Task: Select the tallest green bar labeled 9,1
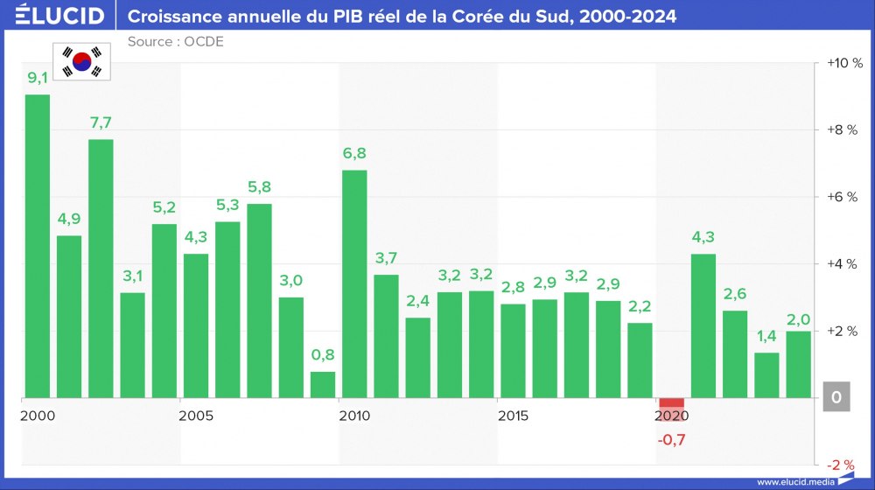tap(38, 246)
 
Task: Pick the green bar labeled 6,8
tap(354, 284)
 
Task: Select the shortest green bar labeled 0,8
tap(323, 385)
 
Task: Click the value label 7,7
tap(101, 122)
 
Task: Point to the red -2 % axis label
tap(843, 465)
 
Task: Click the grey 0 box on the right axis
tap(836, 398)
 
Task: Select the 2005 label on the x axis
tap(196, 415)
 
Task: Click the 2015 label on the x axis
tap(514, 415)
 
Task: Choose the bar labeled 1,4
tap(766, 375)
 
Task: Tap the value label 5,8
tap(259, 186)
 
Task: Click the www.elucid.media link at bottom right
tap(794, 481)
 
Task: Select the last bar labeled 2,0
tap(798, 365)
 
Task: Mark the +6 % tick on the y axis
tap(844, 197)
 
